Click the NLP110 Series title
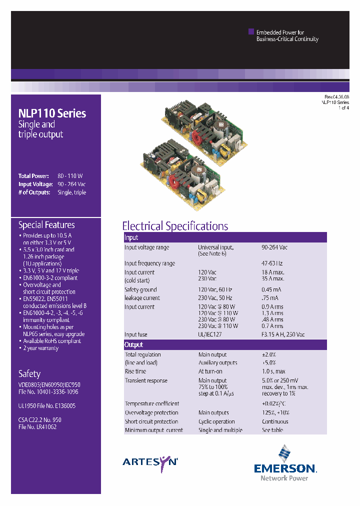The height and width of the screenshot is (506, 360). pos(52,113)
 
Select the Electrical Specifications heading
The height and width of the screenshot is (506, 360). pos(175,226)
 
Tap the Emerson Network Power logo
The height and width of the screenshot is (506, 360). pos(284,463)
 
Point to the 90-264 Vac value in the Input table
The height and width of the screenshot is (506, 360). pos(274,247)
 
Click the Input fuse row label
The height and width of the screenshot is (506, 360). pos(136,335)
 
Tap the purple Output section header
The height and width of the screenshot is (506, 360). pos(225,344)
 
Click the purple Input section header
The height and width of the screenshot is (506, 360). pos(225,237)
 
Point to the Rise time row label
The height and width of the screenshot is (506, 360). pos(135,371)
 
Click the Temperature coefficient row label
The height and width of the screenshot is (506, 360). pos(151,403)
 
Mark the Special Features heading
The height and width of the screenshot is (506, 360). pos(46,225)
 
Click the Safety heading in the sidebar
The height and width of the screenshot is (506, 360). pos(29,373)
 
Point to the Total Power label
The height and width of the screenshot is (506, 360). pos(33,176)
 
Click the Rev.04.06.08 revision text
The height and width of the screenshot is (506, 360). pos(336,97)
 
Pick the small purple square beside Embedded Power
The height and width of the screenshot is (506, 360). pos(251,31)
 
